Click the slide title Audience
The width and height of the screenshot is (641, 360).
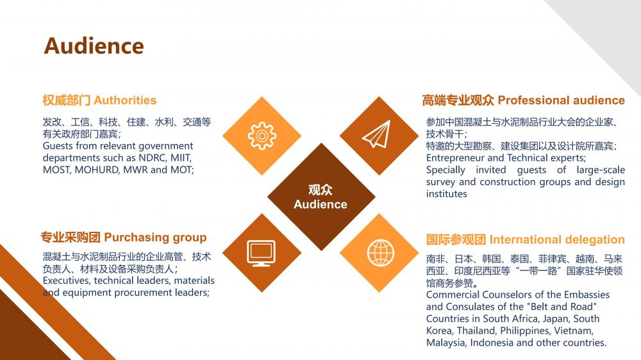click(x=94, y=46)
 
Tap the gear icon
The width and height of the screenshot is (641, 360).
click(x=262, y=136)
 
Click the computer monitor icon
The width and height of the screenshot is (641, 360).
click(x=262, y=253)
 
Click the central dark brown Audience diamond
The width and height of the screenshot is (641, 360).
click(x=320, y=197)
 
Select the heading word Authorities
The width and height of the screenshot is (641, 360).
click(x=125, y=100)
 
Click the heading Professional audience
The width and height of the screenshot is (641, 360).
click(x=561, y=100)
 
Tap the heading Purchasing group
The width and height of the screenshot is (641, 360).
click(x=155, y=238)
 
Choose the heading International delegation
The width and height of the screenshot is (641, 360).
click(x=556, y=240)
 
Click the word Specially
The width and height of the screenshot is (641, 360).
click(x=445, y=170)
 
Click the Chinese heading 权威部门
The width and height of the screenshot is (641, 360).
click(x=67, y=100)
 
